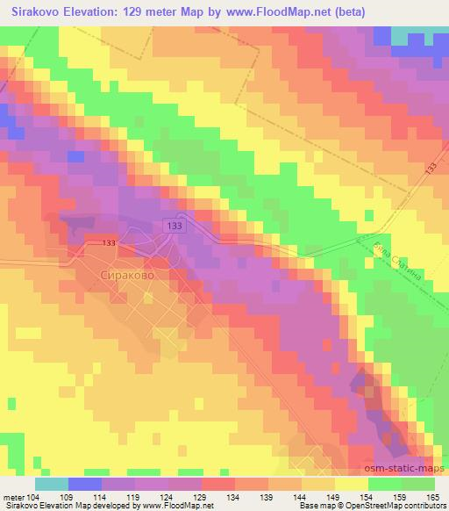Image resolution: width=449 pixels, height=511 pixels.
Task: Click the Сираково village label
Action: click(125, 275)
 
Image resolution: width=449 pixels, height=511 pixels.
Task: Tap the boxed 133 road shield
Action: click(174, 227)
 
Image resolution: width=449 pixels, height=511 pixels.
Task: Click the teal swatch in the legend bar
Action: click(52, 484)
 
